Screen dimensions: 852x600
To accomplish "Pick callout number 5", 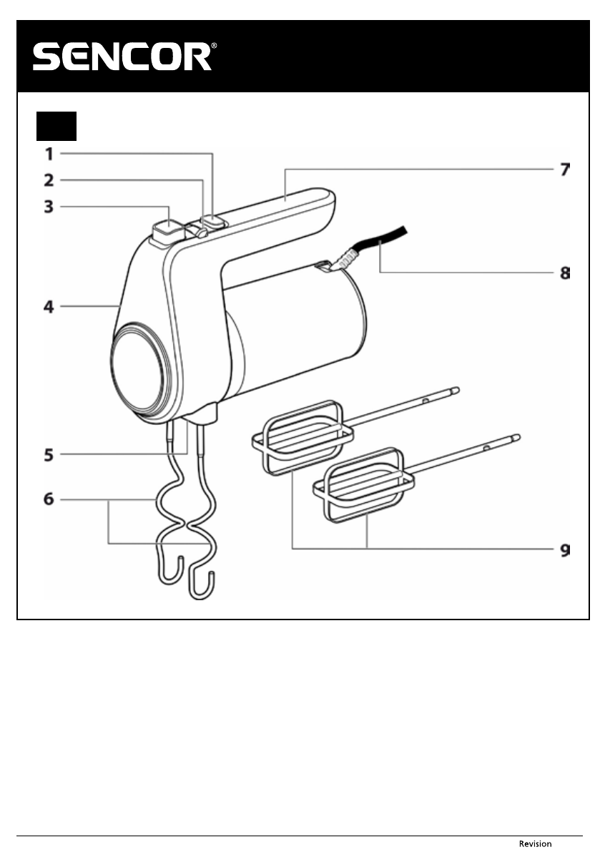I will (49, 454).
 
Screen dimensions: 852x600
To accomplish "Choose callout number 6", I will (49, 499).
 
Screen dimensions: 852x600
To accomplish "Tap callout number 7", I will (564, 170).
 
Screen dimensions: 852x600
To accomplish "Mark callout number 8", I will (564, 273).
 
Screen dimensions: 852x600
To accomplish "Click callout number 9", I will (564, 549).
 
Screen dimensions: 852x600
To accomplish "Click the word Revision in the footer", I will (535, 844).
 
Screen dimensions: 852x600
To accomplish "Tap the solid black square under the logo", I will (56, 126).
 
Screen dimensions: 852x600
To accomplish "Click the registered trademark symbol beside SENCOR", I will (213, 46).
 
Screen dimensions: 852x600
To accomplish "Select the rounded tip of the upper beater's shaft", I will (456, 390).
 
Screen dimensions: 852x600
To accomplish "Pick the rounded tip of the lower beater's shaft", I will (516, 436).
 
